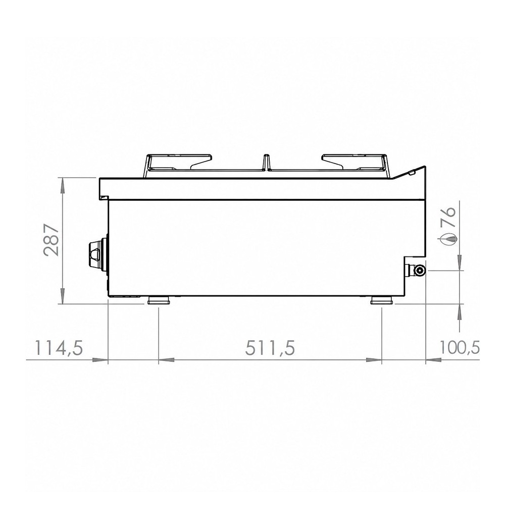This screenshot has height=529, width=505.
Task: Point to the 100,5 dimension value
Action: (460, 347)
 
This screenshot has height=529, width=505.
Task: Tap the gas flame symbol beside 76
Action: (448, 239)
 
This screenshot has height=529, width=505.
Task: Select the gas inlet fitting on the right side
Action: (417, 270)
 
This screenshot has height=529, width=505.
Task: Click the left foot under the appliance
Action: (159, 300)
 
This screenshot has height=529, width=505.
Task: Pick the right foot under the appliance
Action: (382, 300)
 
